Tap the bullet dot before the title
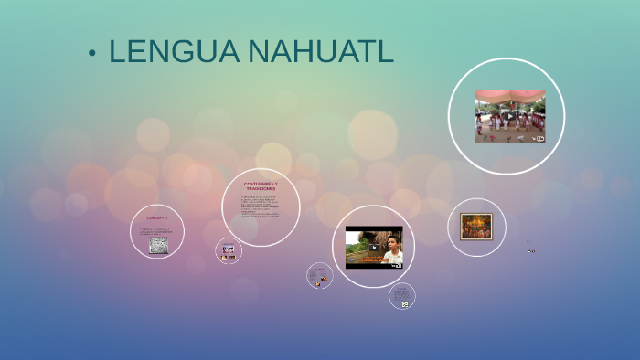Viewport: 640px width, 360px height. click(x=92, y=54)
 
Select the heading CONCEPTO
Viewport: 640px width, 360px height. click(x=157, y=218)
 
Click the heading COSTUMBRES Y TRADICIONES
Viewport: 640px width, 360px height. click(x=261, y=187)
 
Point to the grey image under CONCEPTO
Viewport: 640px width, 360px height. click(x=158, y=245)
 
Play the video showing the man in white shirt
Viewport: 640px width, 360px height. click(x=373, y=247)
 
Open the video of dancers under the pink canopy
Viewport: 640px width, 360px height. click(x=509, y=115)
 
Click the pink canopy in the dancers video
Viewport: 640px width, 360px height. click(x=509, y=95)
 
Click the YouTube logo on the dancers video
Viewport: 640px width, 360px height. click(x=539, y=139)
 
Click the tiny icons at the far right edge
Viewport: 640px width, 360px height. click(x=531, y=250)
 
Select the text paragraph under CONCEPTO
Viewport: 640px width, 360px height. click(x=157, y=231)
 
